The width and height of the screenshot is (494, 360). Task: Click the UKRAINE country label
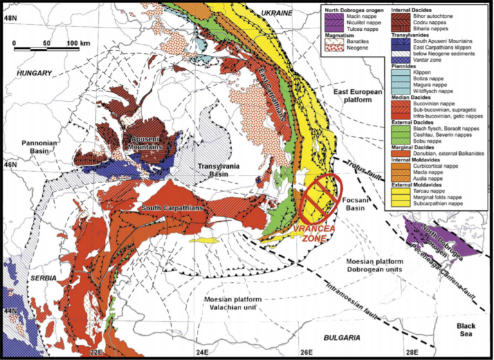click(x=275, y=13)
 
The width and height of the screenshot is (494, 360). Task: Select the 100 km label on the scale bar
click(x=77, y=42)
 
